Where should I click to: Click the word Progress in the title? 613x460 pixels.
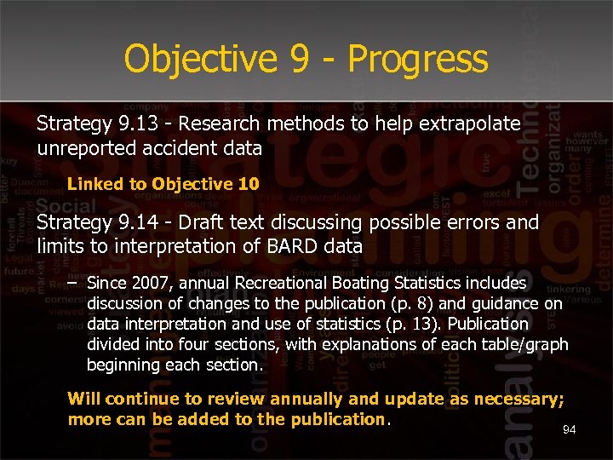(418, 60)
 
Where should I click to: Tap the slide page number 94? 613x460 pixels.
(569, 430)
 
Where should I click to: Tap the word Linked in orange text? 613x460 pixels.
(95, 183)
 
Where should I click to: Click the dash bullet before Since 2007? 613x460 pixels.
(72, 282)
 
